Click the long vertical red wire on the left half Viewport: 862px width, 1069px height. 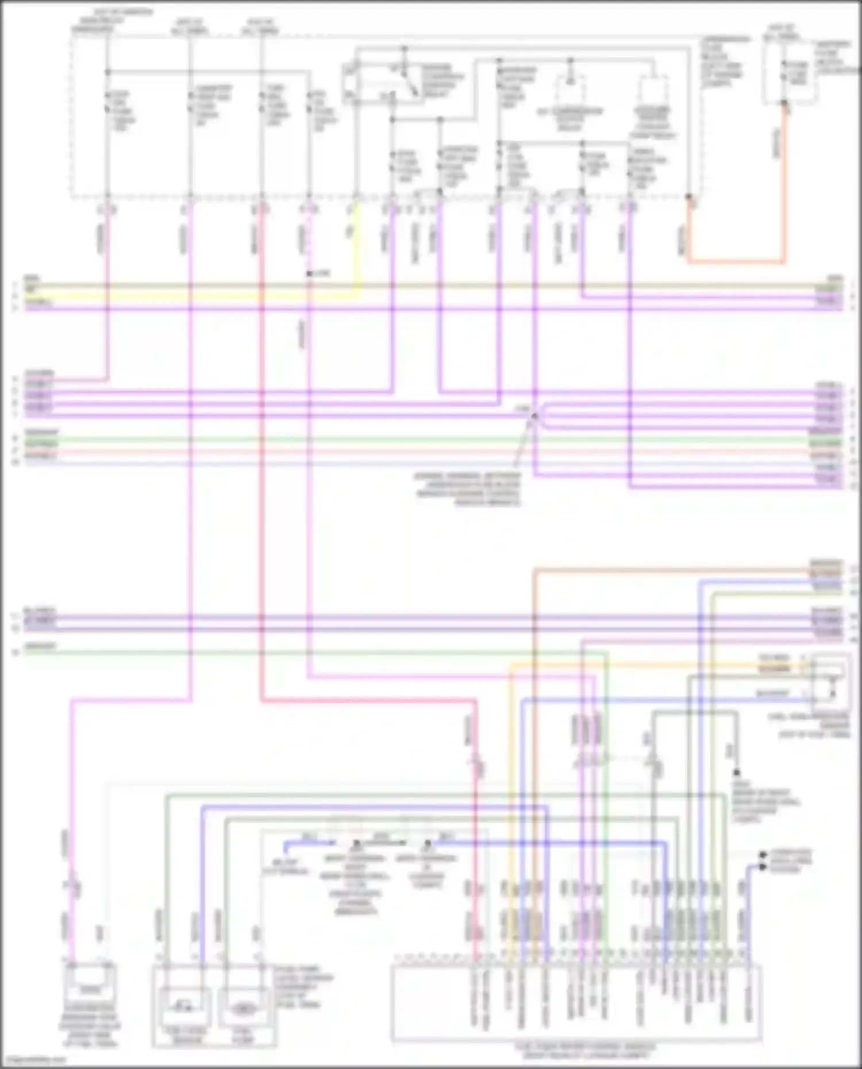coord(261,460)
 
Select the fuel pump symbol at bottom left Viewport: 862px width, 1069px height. coord(244,1009)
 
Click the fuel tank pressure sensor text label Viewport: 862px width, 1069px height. coord(810,725)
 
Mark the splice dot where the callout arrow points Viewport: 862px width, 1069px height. coord(534,415)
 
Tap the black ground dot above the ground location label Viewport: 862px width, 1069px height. coord(737,773)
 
